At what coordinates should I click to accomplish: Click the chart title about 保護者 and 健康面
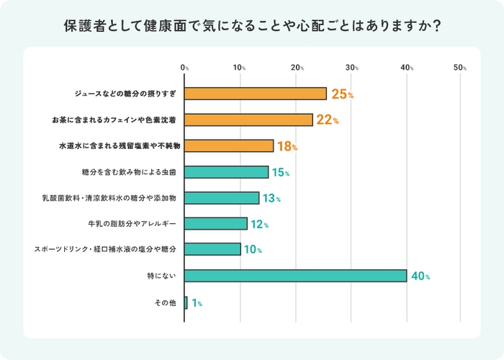click(x=252, y=26)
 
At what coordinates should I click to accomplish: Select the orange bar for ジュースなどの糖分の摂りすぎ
click(x=256, y=94)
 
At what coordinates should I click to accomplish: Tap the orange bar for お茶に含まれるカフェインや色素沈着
click(x=248, y=120)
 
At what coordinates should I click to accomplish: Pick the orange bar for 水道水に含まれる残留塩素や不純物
click(x=229, y=145)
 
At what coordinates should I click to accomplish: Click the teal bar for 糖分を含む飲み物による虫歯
click(x=226, y=172)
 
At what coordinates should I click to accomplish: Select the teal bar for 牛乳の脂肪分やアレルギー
click(x=216, y=223)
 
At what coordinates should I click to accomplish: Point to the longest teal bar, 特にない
click(x=295, y=276)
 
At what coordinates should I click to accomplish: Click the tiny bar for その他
click(x=186, y=303)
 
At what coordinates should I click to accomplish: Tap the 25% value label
click(x=342, y=94)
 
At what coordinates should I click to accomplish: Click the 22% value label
click(x=328, y=120)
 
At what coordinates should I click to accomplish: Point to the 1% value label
click(x=197, y=304)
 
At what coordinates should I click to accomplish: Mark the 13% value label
click(x=270, y=199)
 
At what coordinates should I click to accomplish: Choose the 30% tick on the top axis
click(x=351, y=68)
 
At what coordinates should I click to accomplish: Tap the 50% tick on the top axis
click(x=460, y=68)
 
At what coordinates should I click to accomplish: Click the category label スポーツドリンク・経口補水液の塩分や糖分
click(x=105, y=249)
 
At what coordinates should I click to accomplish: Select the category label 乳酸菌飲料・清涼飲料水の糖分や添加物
click(x=110, y=197)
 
